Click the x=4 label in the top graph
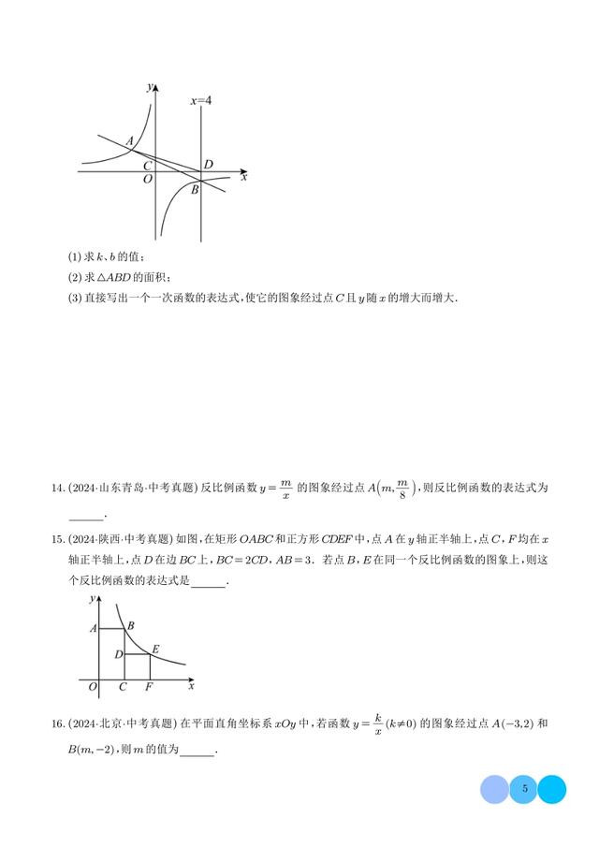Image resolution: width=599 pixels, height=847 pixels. coord(201,98)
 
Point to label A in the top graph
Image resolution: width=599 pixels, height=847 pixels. coord(129,141)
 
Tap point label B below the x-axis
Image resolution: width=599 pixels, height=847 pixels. coord(195,190)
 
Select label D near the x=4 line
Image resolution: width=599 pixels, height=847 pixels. coord(209,165)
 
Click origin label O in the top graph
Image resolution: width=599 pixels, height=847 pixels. coord(148,180)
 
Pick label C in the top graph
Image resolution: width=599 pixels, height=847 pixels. coord(148,164)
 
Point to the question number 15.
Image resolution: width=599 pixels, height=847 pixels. coord(57,540)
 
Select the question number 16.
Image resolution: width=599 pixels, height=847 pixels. coord(57,723)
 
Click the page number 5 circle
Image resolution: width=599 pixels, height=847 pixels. coord(525,789)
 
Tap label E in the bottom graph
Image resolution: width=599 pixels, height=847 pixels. coord(154,649)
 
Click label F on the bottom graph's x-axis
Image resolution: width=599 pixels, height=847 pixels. coord(150,687)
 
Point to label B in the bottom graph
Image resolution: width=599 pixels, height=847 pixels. coord(131,625)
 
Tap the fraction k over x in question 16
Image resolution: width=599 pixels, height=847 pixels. coord(378,723)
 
